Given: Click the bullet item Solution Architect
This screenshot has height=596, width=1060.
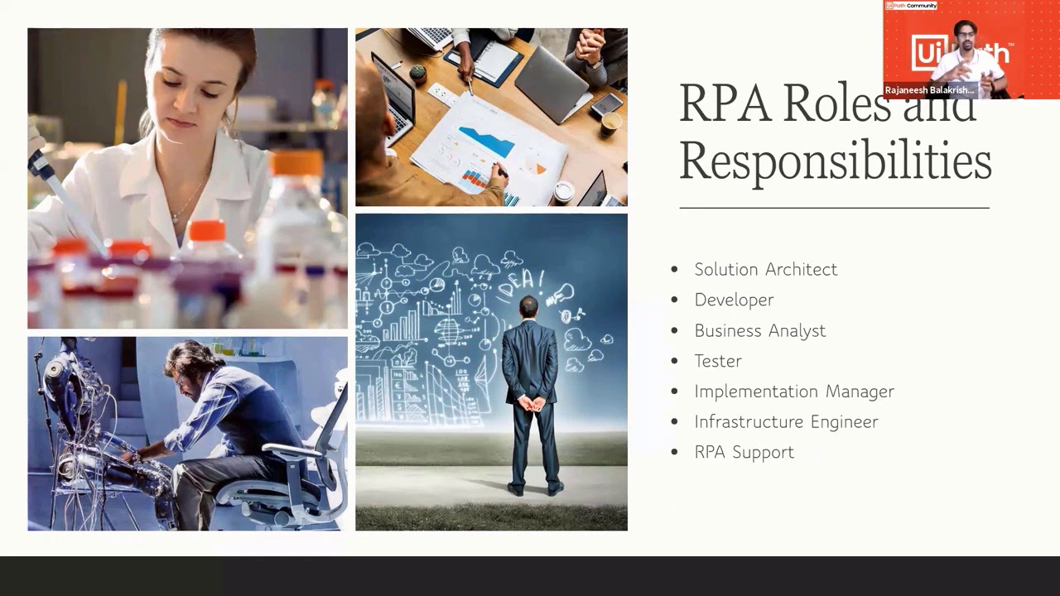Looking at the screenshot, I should (765, 270).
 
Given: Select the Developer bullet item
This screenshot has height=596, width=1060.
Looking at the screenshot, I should (734, 300).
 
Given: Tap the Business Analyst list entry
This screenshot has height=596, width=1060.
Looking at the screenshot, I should (759, 330).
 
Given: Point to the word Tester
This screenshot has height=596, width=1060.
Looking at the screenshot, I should (718, 361).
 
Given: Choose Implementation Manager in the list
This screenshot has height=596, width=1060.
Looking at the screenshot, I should (793, 392).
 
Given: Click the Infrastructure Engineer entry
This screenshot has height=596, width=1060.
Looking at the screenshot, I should (786, 422).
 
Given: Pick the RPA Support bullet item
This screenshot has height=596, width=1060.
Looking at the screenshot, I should (744, 452).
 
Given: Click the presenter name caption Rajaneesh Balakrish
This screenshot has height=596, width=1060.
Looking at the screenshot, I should (929, 90).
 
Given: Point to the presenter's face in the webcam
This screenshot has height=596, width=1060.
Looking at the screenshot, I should (966, 37).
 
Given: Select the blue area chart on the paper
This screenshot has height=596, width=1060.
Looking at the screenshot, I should (487, 141).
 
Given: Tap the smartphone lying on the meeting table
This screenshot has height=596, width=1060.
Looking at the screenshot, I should (606, 103).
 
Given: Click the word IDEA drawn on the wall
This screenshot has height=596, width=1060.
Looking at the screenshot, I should (519, 281).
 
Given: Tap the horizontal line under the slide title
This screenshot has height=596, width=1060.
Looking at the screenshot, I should (834, 208).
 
